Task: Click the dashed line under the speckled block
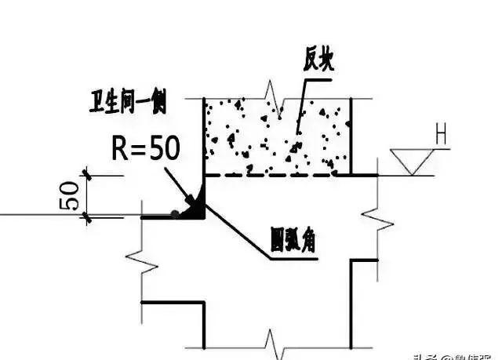[x=275, y=175]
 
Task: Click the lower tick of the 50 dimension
[x=87, y=216]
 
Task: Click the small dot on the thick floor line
[x=174, y=213]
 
